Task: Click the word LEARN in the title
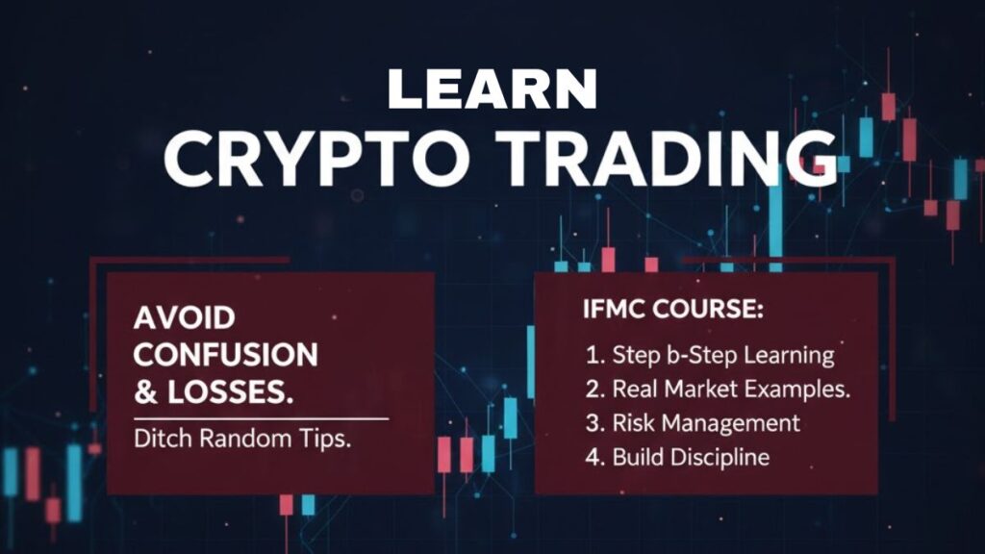[x=492, y=89]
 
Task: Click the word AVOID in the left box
[x=185, y=317]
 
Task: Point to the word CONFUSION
[x=225, y=355]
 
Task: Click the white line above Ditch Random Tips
[x=261, y=419]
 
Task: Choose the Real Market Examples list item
[x=718, y=390]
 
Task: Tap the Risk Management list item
[x=693, y=423]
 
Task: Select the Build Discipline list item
[x=677, y=457]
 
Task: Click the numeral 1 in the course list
[x=592, y=354]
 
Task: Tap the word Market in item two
[x=704, y=390]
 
